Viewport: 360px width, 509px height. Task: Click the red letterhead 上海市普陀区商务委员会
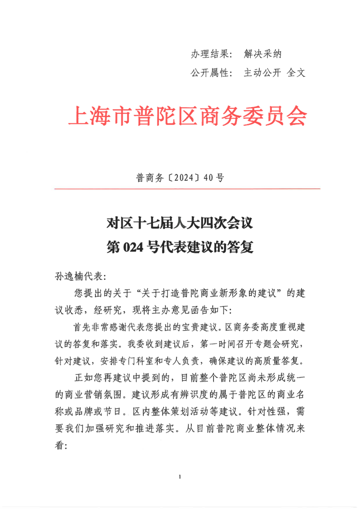[187, 116]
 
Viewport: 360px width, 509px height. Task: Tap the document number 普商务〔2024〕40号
[180, 178]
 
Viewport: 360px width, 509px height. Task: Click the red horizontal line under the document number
[187, 189]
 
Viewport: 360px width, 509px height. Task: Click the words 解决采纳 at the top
[263, 54]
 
